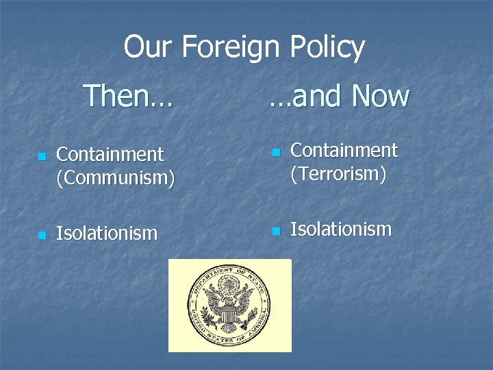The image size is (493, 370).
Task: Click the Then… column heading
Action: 128,96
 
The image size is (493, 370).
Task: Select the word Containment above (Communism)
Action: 110,155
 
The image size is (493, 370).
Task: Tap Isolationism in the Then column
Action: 107,234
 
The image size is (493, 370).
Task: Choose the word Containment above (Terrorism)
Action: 344,150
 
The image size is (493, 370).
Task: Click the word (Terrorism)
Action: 339,173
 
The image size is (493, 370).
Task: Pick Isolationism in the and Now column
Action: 341,230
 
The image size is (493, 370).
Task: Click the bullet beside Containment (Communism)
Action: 42,157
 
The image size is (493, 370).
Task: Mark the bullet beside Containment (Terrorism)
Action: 276,152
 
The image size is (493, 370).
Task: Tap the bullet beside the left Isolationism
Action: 42,235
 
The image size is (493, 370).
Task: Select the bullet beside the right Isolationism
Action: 276,231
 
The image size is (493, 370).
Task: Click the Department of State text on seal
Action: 230,274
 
